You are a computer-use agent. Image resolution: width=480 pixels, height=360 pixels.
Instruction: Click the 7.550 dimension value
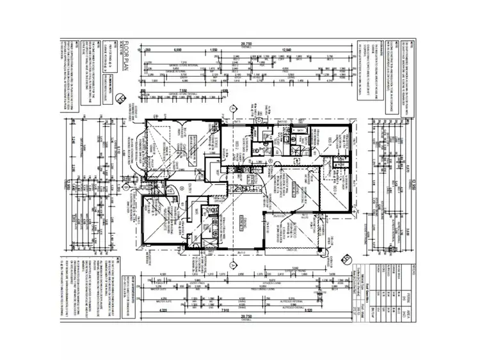tap(182, 91)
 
